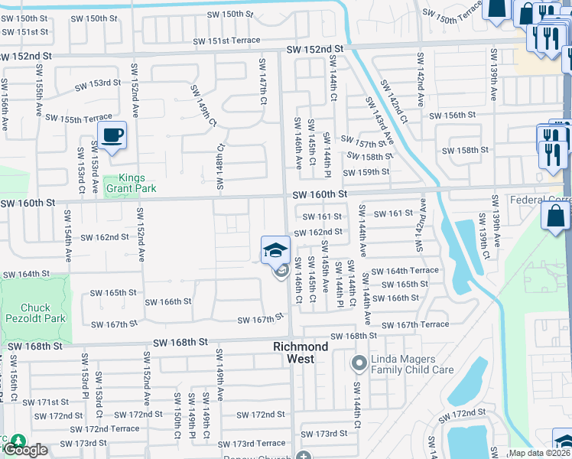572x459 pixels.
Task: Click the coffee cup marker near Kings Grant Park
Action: [x=112, y=136]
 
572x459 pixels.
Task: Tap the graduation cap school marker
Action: [x=275, y=250]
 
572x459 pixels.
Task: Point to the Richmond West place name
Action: [x=301, y=352]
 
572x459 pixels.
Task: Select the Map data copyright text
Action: [x=539, y=453]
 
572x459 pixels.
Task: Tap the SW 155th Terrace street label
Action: [x=78, y=118]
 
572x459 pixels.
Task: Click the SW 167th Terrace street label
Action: [x=414, y=324]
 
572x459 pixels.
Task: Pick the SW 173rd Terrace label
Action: [x=251, y=444]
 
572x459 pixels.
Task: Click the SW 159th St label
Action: [x=368, y=172]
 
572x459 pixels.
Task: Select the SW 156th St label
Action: [x=452, y=115]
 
